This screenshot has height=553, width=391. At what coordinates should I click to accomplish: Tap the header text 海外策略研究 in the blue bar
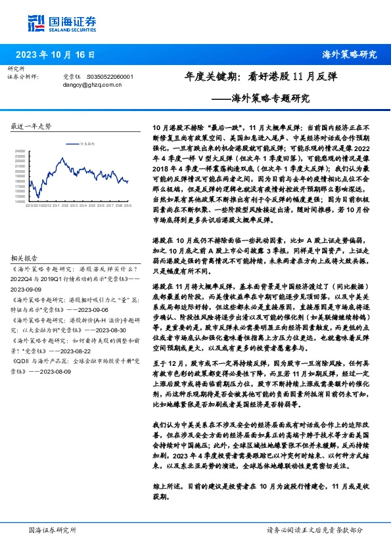(x=350, y=55)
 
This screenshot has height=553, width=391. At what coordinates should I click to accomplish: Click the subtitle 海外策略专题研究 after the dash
(x=270, y=99)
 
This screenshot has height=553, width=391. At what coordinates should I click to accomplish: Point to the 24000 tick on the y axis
(x=19, y=152)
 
